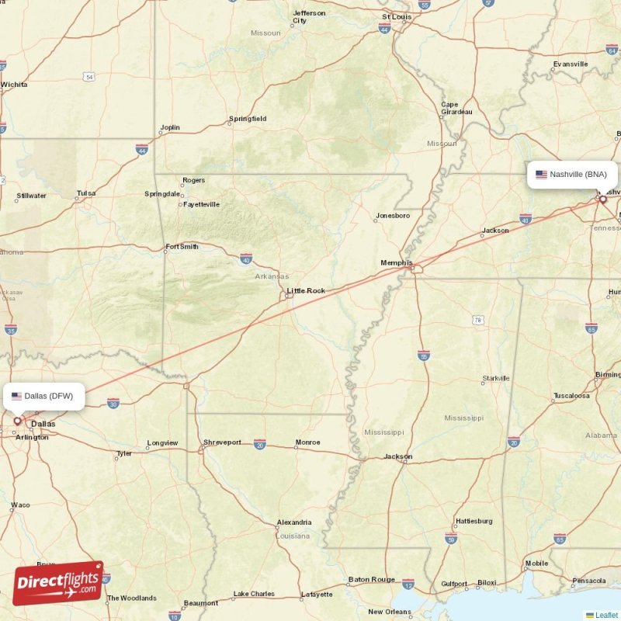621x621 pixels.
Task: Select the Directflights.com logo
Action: coord(58,583)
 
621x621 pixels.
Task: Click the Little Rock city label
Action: coord(306,291)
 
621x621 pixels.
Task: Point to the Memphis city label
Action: coord(397,263)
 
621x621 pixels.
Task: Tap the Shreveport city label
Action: coord(222,442)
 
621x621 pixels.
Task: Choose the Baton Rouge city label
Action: coord(371,579)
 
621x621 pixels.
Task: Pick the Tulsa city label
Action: coord(85,193)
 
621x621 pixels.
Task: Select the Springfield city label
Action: coord(248,119)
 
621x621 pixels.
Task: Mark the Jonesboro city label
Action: coord(392,216)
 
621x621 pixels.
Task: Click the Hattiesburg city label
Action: coord(474,521)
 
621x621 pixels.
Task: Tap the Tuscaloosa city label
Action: coord(571,396)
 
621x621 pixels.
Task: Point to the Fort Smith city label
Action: coord(182,247)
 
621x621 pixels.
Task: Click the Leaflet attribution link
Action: coord(606,615)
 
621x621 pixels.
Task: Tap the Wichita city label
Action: coord(14,84)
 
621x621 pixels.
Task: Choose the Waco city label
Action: coord(20,505)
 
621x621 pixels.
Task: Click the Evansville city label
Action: coord(571,64)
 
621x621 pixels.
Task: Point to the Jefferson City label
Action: coord(309,16)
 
